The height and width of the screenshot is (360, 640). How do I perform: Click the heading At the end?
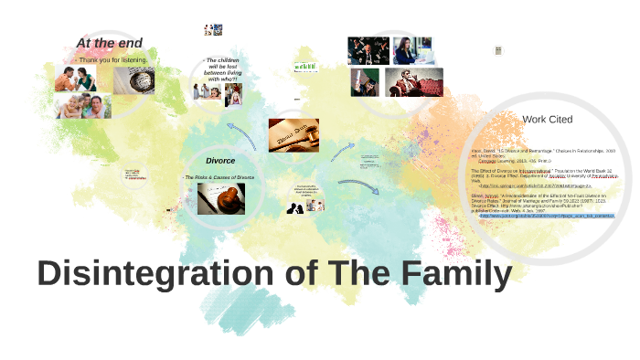click(x=109, y=43)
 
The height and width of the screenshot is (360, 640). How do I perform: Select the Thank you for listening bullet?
click(x=113, y=60)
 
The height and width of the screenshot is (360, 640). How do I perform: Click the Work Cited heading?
click(x=547, y=119)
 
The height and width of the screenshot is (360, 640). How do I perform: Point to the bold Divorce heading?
click(x=219, y=160)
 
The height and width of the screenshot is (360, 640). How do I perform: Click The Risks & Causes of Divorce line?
click(x=220, y=176)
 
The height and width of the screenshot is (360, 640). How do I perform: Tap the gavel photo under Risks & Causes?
click(x=220, y=198)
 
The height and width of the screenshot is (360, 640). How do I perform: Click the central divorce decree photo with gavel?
click(x=293, y=136)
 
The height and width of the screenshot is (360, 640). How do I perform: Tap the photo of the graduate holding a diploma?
click(x=367, y=82)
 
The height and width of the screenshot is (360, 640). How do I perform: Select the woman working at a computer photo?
click(x=412, y=51)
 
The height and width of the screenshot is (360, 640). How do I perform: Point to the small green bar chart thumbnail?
click(x=304, y=66)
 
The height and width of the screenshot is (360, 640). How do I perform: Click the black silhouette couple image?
click(x=298, y=206)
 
